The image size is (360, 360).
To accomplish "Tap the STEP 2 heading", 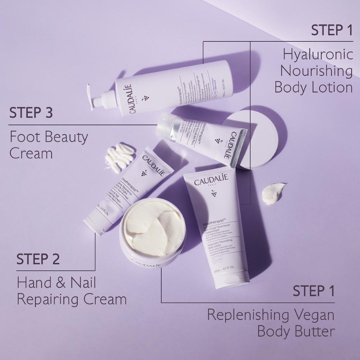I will (38, 259).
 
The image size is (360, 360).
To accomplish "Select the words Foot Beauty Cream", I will (49, 145).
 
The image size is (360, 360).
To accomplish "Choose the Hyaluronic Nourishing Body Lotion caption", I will (313, 71).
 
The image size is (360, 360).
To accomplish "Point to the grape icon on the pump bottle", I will (147, 97).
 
